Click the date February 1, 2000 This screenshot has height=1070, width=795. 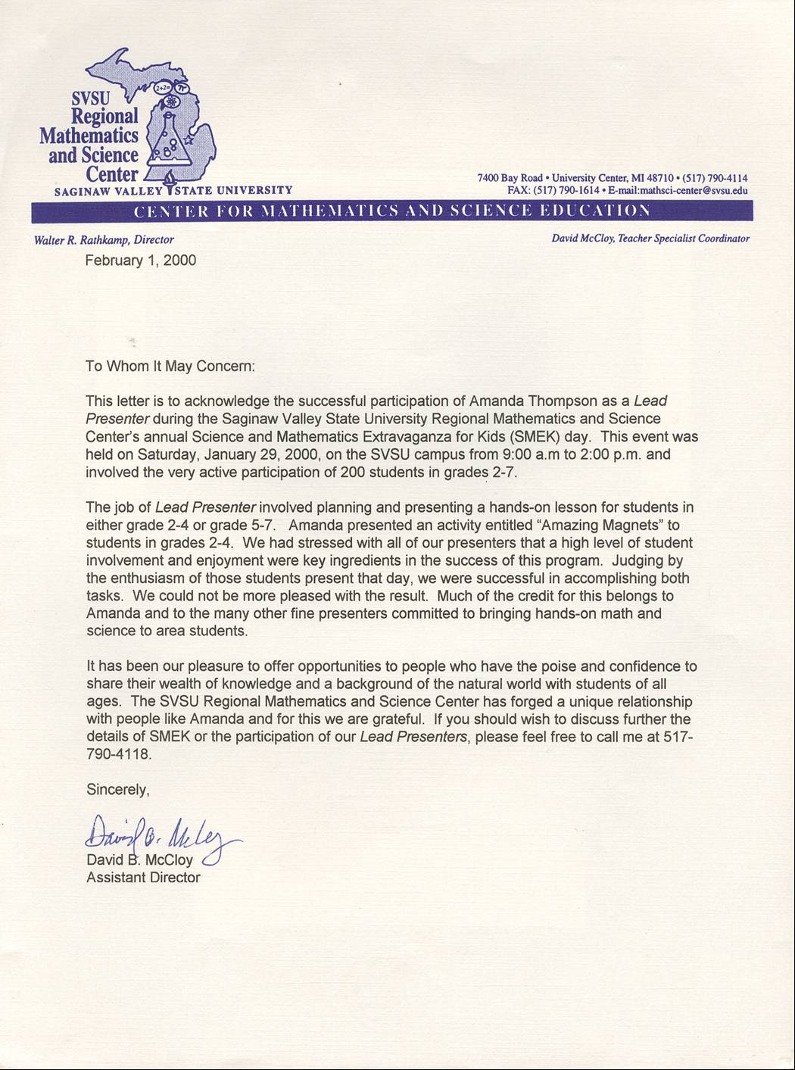point(141,260)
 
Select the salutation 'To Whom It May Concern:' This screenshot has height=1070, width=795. point(170,366)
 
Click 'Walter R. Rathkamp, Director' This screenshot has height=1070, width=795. point(104,240)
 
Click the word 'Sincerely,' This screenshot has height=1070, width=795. point(118,789)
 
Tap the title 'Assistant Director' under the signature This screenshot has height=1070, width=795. point(143,878)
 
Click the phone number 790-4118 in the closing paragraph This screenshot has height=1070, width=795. point(119,754)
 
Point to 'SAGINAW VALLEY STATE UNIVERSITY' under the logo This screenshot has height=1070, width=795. point(173,191)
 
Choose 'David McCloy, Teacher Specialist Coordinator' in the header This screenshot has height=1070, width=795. point(650,239)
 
